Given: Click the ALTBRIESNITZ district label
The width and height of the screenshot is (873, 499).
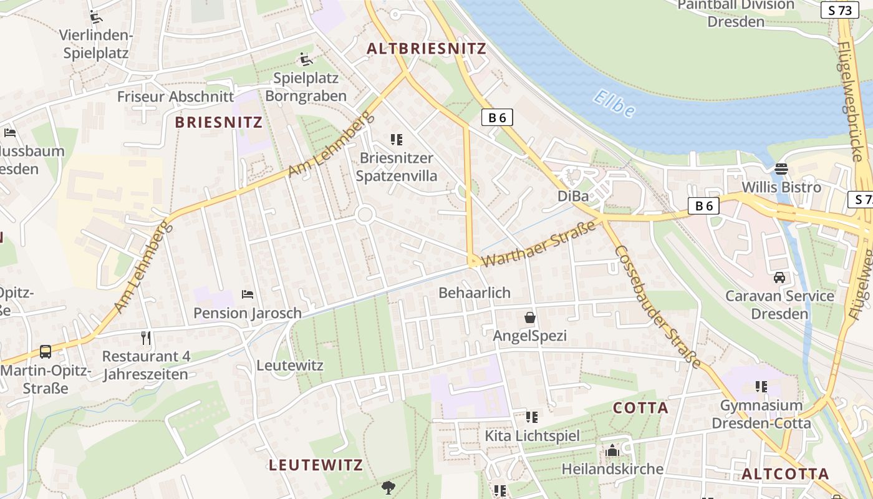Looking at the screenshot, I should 426,49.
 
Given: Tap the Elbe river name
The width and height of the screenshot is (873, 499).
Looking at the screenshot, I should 614,104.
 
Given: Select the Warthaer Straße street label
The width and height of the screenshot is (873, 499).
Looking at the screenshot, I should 540,243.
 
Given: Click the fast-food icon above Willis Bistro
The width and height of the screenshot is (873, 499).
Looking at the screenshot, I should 781,168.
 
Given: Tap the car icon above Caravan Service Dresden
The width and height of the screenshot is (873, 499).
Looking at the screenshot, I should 779,277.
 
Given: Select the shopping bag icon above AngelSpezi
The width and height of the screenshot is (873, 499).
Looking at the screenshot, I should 530,317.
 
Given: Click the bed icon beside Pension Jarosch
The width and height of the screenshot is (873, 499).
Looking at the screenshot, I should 248,294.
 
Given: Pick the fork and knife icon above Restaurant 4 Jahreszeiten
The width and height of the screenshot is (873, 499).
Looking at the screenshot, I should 146,338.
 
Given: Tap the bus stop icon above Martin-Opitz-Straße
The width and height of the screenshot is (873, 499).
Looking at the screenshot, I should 46,351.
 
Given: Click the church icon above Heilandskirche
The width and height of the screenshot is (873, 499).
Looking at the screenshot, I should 612,450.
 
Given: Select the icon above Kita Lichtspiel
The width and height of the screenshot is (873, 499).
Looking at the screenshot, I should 532,417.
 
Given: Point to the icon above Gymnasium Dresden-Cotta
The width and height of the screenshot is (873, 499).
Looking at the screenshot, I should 761,387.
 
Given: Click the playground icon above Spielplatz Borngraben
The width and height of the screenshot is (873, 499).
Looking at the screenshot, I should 306,59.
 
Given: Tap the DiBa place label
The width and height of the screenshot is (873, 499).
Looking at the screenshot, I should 573,196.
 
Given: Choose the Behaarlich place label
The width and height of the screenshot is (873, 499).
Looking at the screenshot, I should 474,293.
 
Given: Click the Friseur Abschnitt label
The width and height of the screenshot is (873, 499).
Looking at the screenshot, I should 175,97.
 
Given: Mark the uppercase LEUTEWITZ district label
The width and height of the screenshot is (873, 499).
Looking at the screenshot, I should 316,465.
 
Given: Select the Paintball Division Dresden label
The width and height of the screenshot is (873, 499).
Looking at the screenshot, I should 736,13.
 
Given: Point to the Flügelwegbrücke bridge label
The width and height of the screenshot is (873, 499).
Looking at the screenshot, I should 854,100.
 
